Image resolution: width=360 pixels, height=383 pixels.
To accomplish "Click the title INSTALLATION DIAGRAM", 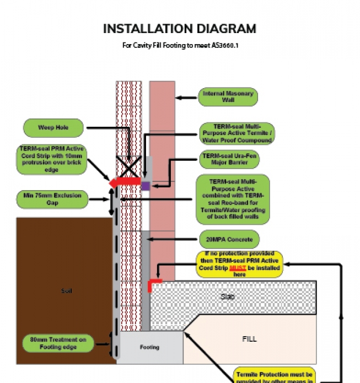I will pyautogui.click(x=180, y=29).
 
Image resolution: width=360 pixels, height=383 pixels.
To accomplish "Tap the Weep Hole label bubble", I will pyautogui.click(x=53, y=128).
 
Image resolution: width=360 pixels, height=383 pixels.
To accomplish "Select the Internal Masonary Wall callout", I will pyautogui.click(x=228, y=97).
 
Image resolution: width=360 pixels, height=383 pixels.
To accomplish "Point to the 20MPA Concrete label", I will pyautogui.click(x=228, y=240).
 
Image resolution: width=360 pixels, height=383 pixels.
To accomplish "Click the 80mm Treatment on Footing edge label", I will pyautogui.click(x=58, y=343).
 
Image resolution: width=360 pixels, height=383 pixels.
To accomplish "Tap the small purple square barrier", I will pyautogui.click(x=146, y=186).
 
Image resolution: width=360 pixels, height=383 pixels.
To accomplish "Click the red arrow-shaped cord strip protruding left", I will pyautogui.click(x=125, y=181).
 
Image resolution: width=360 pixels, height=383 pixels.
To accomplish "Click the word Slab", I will pyautogui.click(x=228, y=296).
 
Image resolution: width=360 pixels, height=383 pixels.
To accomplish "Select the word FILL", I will pyautogui.click(x=249, y=339).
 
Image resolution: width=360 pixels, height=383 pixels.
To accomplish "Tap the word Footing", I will pyautogui.click(x=149, y=347).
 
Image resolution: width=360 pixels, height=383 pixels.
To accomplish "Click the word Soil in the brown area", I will pyautogui.click(x=67, y=290).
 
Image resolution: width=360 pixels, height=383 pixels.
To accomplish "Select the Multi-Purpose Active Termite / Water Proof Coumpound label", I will pyautogui.click(x=236, y=133).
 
